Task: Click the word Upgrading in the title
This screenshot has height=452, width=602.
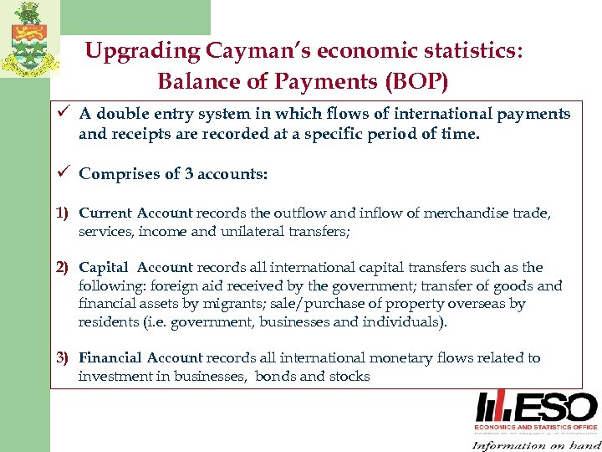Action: [x=138, y=52]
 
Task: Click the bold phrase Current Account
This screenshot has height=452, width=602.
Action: [x=135, y=213]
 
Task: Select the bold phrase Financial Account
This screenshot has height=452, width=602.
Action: [x=140, y=358]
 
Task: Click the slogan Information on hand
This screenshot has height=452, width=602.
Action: [x=535, y=444]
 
